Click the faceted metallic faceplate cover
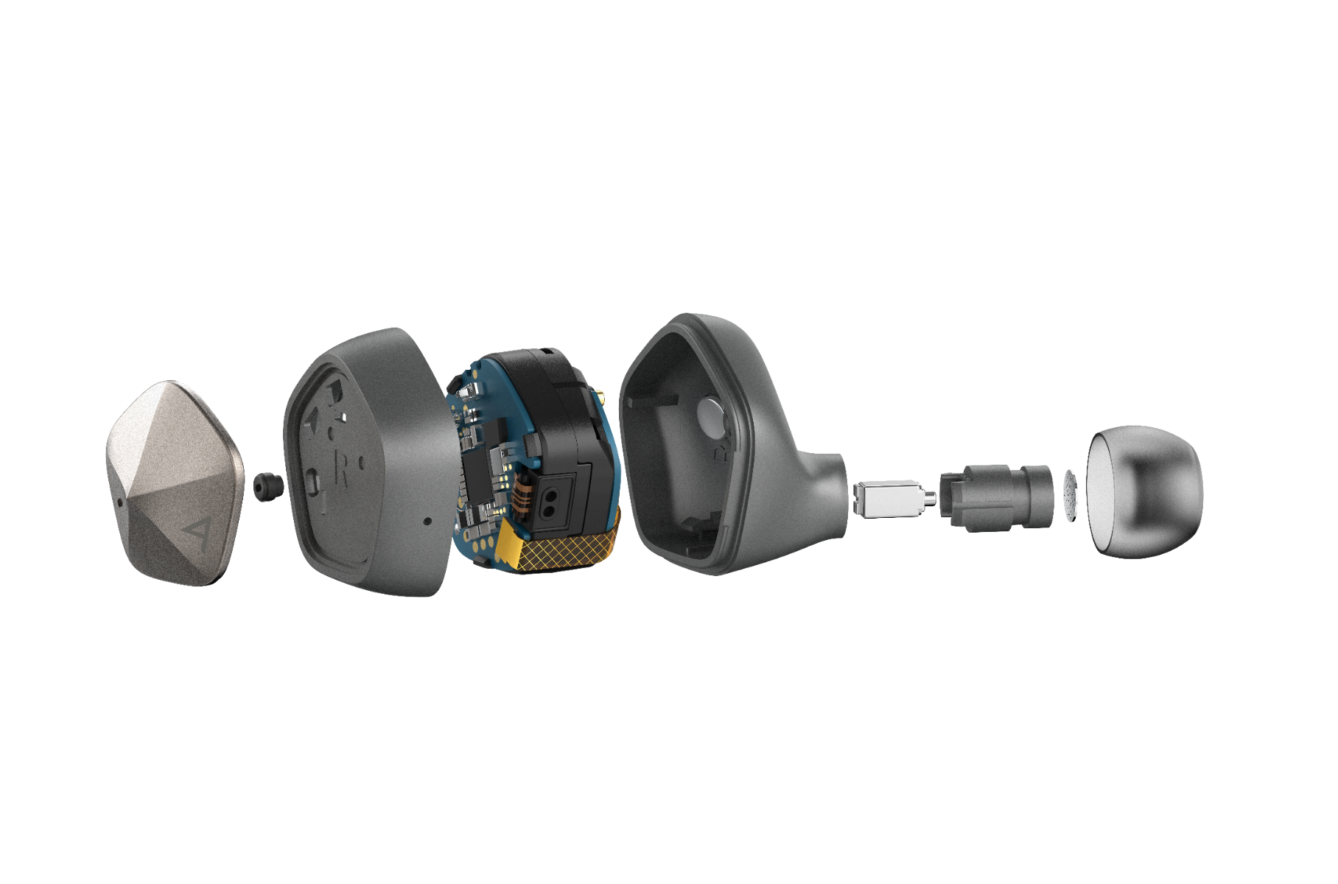[175, 483]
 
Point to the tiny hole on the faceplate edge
[120, 504]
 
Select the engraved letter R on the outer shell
[340, 468]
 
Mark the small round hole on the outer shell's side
[427, 521]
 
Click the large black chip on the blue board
[477, 474]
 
